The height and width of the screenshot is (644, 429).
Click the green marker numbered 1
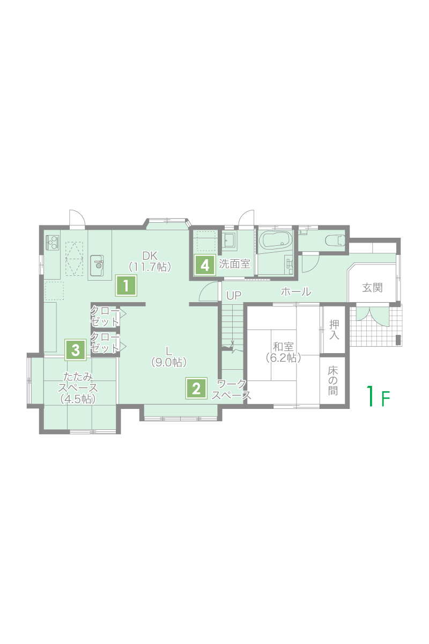click(126, 285)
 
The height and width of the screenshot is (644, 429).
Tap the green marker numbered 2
click(196, 388)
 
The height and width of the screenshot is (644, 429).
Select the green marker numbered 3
click(76, 350)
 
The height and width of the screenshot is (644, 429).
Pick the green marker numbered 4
click(205, 265)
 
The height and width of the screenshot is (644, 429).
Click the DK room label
click(150, 261)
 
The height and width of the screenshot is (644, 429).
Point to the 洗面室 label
click(234, 264)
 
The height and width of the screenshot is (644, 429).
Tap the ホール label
click(296, 291)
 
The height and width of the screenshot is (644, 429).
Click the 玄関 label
click(372, 288)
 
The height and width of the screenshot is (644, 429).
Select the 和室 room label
click(283, 352)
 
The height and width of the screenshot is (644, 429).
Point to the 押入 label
click(334, 330)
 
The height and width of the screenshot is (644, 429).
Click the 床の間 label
click(332, 381)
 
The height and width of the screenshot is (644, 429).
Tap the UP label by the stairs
click(234, 295)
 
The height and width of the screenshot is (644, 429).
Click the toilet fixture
click(335, 240)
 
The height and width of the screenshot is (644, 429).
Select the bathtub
click(276, 240)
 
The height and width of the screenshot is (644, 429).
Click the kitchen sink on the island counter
click(98, 265)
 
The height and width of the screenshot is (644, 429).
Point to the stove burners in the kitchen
click(53, 243)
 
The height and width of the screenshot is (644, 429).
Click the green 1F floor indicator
click(379, 396)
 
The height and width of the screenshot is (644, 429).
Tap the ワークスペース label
click(231, 390)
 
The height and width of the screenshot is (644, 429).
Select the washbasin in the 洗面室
click(229, 239)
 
